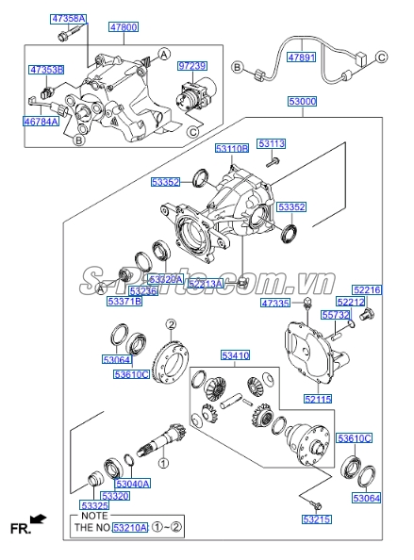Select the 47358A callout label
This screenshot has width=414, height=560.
click(68, 19)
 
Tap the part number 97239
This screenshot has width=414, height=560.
click(191, 65)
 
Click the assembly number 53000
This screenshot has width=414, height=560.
click(303, 101)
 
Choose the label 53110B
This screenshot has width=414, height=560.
click(231, 149)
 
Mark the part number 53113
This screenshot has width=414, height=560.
click(272, 144)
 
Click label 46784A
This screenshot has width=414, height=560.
click(41, 121)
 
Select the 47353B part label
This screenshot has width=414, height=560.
click(46, 70)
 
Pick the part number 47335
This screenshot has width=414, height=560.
click(275, 304)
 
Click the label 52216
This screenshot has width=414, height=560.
click(367, 289)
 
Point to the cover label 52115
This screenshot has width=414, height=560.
click(316, 399)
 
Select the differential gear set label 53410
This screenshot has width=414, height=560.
click(236, 355)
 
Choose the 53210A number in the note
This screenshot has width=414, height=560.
click(130, 529)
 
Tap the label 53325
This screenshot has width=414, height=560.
click(93, 506)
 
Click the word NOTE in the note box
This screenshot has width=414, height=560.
click(93, 516)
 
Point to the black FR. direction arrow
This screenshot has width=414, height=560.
click(38, 519)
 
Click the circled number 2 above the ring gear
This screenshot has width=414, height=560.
click(172, 325)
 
